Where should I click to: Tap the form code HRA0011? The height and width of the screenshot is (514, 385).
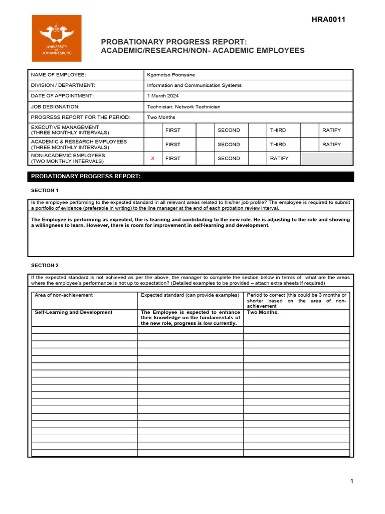point(328,20)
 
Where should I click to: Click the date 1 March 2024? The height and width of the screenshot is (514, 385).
point(163,96)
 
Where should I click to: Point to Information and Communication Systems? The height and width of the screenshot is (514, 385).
point(194,85)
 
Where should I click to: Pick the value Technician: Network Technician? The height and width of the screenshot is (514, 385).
point(183,106)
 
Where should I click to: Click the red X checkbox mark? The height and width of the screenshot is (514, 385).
point(153,159)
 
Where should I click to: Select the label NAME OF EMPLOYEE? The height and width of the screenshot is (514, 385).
point(59,75)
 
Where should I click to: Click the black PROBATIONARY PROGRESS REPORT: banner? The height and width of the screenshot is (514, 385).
point(190,177)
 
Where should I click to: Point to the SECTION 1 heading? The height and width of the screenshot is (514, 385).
point(45,191)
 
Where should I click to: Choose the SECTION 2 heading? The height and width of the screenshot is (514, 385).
point(45,265)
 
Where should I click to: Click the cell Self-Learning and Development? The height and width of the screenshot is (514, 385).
point(74,312)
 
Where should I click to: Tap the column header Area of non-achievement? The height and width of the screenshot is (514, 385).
point(64,295)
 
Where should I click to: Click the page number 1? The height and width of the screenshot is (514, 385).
point(352,481)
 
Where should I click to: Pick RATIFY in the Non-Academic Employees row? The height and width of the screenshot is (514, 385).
point(279,159)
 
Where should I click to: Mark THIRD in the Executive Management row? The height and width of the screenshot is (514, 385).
point(278,130)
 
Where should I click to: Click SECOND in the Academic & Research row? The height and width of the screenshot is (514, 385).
point(229,145)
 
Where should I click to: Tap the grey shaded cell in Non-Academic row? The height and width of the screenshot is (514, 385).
point(327,159)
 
